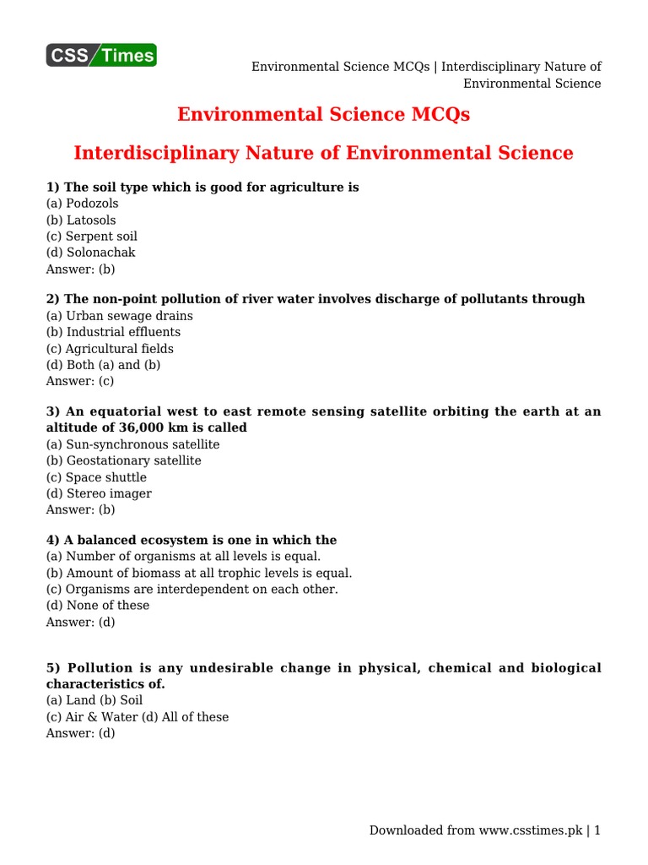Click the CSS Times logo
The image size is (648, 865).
point(101,56)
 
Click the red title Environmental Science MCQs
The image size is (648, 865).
point(323,114)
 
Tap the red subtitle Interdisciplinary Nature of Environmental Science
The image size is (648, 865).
point(323,153)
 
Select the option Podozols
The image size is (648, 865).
point(83,204)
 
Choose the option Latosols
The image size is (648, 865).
point(81,220)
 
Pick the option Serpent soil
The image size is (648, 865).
point(91,237)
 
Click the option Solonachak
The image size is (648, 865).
point(90,253)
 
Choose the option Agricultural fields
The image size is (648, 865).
point(110,349)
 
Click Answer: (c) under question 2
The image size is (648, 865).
point(80,381)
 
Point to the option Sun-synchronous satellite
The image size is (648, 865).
point(132,444)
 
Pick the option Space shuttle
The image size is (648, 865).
point(96,477)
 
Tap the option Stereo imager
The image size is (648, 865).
point(99,493)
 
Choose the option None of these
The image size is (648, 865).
point(97,606)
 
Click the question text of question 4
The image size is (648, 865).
point(192,541)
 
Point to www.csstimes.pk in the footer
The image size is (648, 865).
point(530,830)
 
